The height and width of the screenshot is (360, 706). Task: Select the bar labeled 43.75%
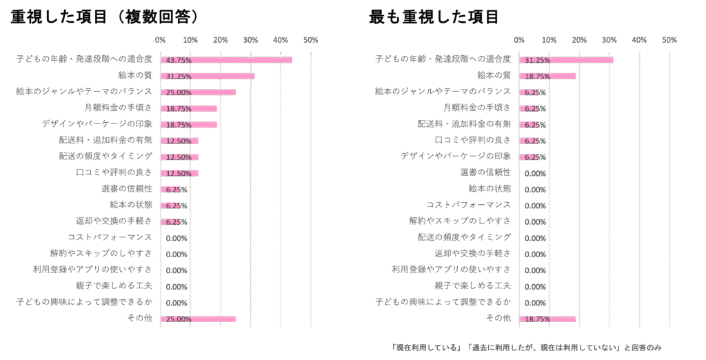click(226, 60)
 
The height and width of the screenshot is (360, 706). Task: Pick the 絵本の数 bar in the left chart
click(208, 76)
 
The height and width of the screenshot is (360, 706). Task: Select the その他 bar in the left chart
click(199, 319)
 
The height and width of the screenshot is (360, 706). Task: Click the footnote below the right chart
click(525, 348)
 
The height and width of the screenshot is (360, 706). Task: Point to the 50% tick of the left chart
click(310, 40)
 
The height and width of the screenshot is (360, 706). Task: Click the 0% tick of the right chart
click(520, 40)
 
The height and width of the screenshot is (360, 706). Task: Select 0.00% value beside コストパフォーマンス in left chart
click(176, 239)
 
